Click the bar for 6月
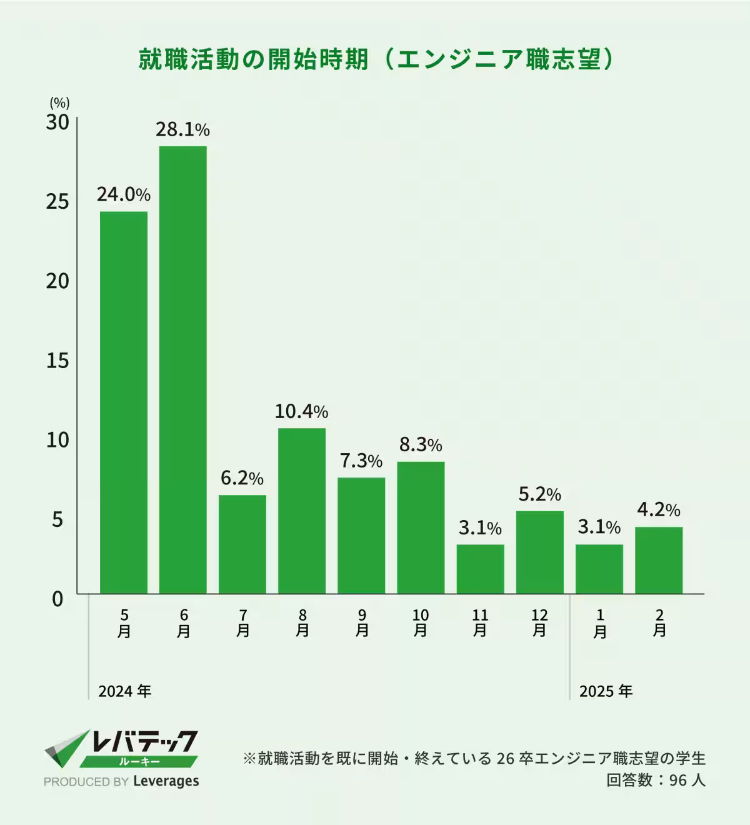click(x=183, y=369)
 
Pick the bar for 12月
click(x=539, y=552)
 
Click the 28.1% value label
click(x=182, y=129)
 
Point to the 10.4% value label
click(x=301, y=411)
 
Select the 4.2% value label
click(x=658, y=510)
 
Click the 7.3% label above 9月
click(x=361, y=461)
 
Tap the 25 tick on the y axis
click(x=57, y=201)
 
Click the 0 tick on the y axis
click(x=57, y=599)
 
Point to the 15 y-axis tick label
click(x=57, y=361)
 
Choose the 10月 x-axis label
click(x=421, y=623)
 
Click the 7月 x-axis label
click(x=242, y=623)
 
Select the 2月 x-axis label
click(x=659, y=623)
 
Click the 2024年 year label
click(x=125, y=691)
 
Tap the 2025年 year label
click(x=606, y=691)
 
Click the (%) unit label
click(x=59, y=103)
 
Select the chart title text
click(x=375, y=59)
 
